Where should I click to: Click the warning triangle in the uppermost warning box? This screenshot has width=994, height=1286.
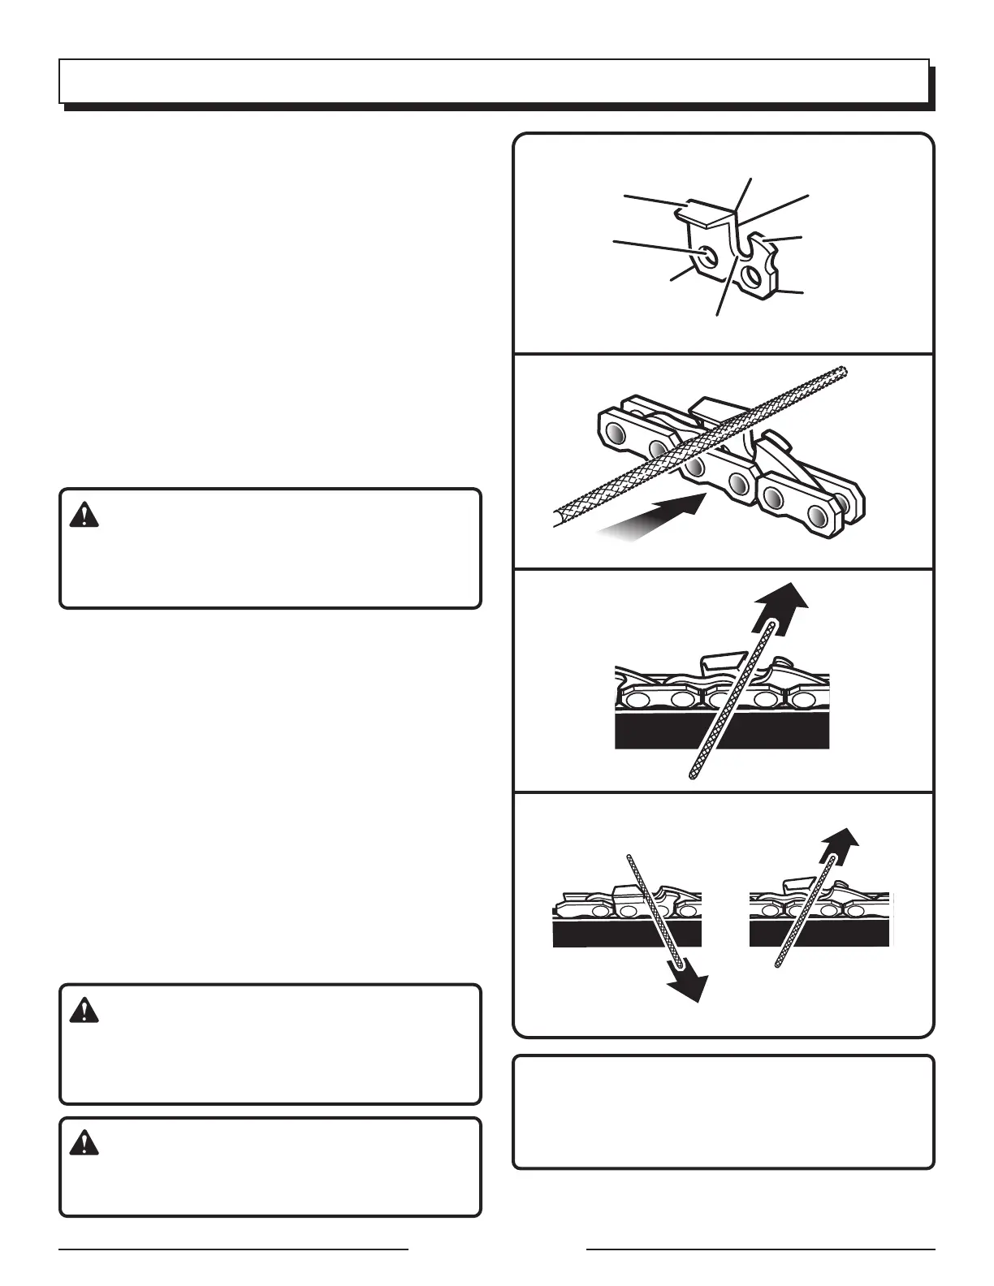tap(84, 515)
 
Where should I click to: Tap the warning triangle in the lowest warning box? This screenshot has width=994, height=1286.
tap(84, 1143)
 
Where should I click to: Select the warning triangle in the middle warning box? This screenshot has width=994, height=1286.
tap(84, 1011)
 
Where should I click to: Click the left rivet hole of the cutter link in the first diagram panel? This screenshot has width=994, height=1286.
tap(709, 256)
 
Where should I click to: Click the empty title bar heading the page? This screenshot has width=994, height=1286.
tap(494, 81)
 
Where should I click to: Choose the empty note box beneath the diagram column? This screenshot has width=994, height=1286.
tap(724, 1111)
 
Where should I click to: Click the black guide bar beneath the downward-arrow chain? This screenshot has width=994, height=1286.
tap(626, 934)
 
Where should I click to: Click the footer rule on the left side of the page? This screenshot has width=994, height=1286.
tap(234, 1249)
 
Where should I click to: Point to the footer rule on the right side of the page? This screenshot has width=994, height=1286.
tap(761, 1249)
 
